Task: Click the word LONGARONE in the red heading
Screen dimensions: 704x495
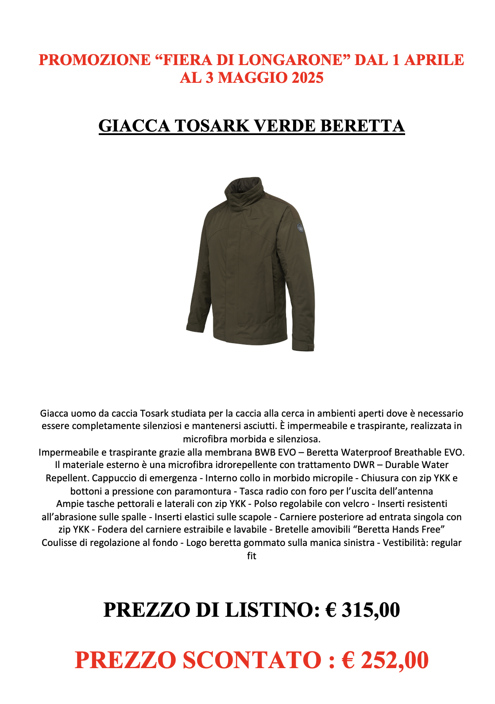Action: (291, 60)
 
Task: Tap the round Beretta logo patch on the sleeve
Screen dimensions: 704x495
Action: (301, 228)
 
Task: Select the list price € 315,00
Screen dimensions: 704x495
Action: (363, 610)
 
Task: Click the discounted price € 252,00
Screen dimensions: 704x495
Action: (385, 660)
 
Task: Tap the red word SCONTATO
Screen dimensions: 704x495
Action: (252, 660)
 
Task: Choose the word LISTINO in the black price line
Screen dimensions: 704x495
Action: (272, 610)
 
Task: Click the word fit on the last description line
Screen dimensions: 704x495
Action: (251, 556)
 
